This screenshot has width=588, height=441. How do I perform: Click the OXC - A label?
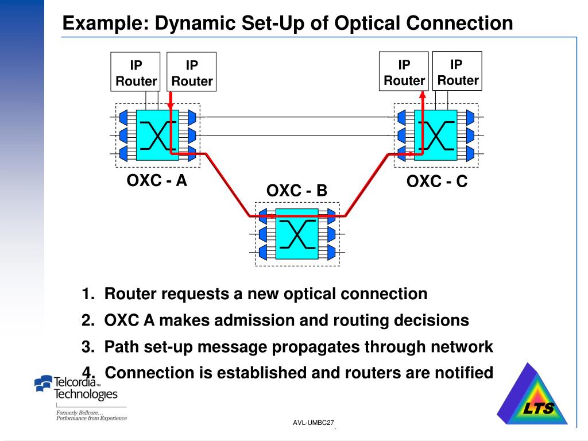point(157,180)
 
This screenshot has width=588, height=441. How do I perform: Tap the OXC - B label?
point(297,191)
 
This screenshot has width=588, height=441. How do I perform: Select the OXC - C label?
point(437,181)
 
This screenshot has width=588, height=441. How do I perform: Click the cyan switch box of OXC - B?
point(297,234)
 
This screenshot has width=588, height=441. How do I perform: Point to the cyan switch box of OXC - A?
point(157,136)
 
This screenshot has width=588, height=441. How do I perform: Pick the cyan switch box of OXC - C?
point(436,136)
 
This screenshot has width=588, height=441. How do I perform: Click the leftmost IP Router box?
point(136,72)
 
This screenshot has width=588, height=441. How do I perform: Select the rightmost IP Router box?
point(457,71)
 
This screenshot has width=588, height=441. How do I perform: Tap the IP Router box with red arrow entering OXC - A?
point(191,72)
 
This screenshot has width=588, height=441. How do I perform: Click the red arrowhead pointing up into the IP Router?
point(423,95)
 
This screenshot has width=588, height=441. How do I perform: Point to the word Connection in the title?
point(459,23)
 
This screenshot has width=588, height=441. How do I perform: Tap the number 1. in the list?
point(88,293)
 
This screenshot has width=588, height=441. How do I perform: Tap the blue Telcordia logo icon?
point(43,383)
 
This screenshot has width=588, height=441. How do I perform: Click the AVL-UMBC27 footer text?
point(313,423)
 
